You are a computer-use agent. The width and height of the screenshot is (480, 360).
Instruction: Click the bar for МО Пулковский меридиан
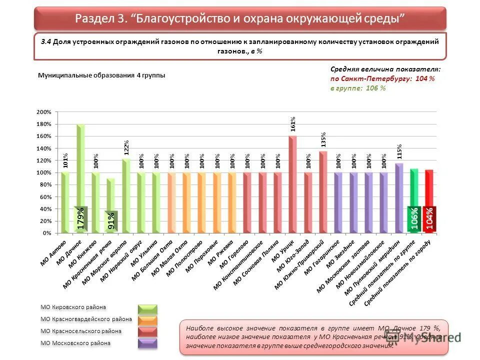[x=399, y=198]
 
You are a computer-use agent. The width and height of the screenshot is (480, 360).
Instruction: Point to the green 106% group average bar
[x=414, y=200]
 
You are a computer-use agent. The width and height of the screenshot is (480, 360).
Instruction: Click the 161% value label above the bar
[x=293, y=124]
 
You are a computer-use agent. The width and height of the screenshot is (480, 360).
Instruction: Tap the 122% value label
[x=126, y=147]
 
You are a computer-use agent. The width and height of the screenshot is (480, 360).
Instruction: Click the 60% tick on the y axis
[x=46, y=197]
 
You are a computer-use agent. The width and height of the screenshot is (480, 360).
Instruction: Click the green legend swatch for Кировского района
[x=147, y=308]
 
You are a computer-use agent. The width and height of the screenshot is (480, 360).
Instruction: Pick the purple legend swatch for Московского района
[x=147, y=343]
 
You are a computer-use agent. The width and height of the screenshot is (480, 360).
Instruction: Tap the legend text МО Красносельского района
[x=80, y=331]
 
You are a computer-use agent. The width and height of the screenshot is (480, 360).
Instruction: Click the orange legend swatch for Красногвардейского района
[x=147, y=320]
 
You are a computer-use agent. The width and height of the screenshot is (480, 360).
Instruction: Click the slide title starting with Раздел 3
[x=239, y=18]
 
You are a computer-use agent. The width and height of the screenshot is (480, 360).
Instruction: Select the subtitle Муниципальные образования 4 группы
[x=101, y=75]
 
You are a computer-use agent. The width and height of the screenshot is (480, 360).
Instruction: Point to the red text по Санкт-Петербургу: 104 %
[x=382, y=79]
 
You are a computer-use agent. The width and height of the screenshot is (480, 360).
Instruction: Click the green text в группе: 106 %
[x=358, y=88]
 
